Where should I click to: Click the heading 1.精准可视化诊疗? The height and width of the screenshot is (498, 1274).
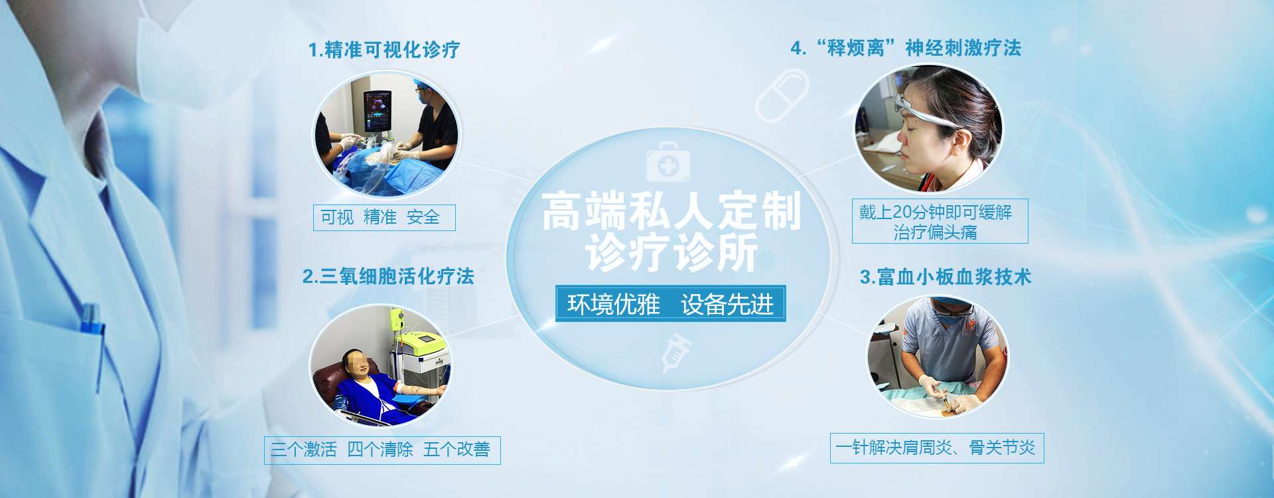(384, 50)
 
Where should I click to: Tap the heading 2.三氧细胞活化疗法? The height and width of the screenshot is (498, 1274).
(388, 276)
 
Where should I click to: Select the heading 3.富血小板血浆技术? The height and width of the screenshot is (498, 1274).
(946, 277)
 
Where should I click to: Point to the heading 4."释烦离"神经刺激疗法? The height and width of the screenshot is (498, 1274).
(906, 48)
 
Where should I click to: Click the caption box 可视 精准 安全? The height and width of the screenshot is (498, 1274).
(384, 218)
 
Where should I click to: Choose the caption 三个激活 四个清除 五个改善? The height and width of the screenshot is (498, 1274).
(382, 450)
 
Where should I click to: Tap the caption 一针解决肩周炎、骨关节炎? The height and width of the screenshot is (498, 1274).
(937, 448)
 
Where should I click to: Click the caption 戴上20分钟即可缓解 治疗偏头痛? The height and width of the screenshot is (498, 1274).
(940, 221)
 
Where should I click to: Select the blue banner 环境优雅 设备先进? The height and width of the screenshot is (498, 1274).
(670, 303)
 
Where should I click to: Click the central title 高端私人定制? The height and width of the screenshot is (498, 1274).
(672, 212)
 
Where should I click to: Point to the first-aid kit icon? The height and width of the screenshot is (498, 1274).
(668, 162)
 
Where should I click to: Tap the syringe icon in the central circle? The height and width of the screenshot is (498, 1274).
(675, 353)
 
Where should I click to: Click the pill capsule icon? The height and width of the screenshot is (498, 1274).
(782, 96)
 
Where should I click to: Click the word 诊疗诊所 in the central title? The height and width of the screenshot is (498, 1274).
(672, 253)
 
